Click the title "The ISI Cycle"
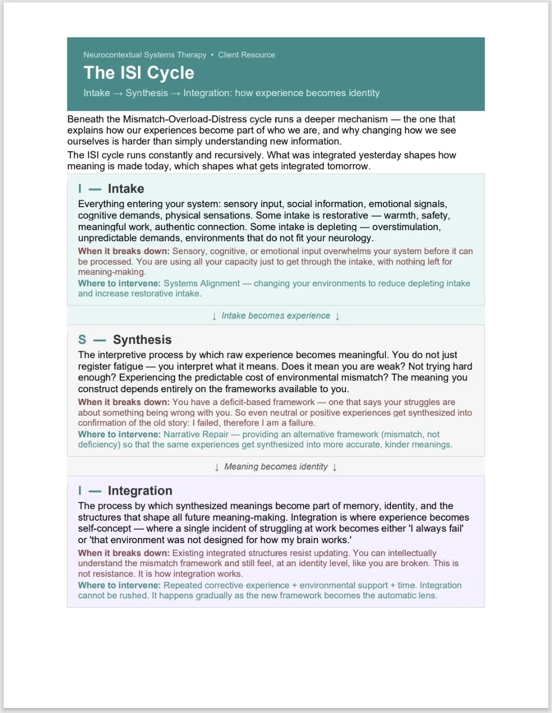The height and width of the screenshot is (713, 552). pyautogui.click(x=139, y=73)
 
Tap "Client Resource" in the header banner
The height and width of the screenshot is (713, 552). pyautogui.click(x=246, y=55)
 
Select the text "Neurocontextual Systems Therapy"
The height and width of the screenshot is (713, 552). pyautogui.click(x=145, y=55)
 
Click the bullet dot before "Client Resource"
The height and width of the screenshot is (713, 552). pyautogui.click(x=212, y=55)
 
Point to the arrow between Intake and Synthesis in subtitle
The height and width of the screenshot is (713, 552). pyautogui.click(x=118, y=93)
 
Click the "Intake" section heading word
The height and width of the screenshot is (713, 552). pyautogui.click(x=126, y=189)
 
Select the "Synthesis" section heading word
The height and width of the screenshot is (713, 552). pyautogui.click(x=142, y=340)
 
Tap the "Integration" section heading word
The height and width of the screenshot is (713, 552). pyautogui.click(x=140, y=491)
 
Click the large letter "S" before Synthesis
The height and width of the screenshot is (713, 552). pyautogui.click(x=82, y=340)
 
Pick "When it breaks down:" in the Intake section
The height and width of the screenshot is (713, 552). pyautogui.click(x=124, y=251)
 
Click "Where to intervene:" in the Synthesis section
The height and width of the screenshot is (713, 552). pyautogui.click(x=119, y=434)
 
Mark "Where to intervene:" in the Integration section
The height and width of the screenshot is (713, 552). pyautogui.click(x=119, y=585)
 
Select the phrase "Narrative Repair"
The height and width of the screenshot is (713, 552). pyautogui.click(x=196, y=434)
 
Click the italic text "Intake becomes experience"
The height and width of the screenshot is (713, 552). pyautogui.click(x=275, y=316)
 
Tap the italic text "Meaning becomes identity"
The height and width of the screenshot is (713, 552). pyautogui.click(x=275, y=466)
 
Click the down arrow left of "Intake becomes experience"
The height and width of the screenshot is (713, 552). pyautogui.click(x=214, y=316)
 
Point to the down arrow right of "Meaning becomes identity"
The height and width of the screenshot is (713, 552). pyautogui.click(x=335, y=467)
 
